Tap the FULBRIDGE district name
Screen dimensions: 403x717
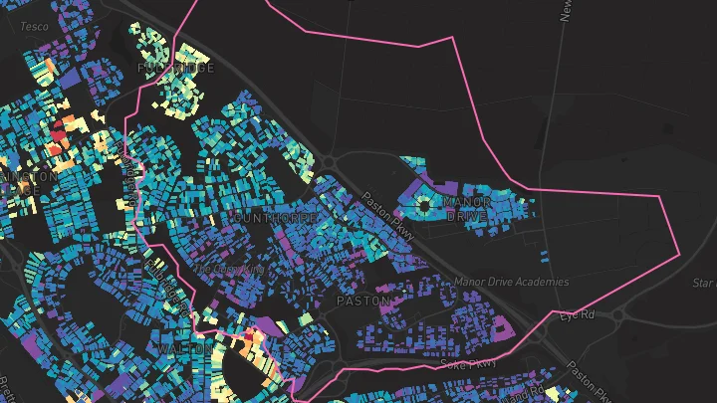coord(175,69)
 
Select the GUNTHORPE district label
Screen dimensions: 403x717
coord(275,216)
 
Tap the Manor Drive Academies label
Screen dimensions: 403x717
coord(511,282)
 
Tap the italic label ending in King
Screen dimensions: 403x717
coord(230,269)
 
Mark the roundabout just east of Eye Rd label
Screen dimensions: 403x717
coord(623,315)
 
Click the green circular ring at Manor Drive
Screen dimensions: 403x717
coord(424,206)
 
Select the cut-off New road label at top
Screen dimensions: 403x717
coord(566,12)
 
